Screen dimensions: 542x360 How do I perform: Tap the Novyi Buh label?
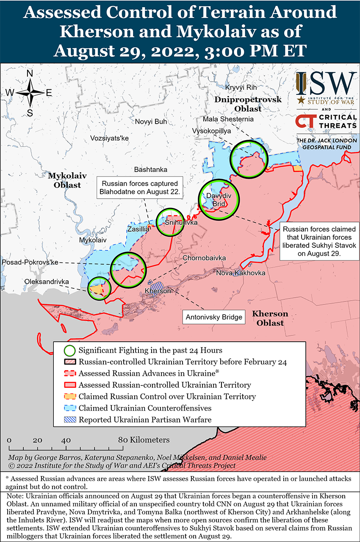click(151, 122)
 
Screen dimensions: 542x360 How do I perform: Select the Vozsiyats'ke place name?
click(109, 138)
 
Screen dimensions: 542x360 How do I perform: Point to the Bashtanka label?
click(150, 169)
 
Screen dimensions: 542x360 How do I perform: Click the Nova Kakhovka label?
click(241, 273)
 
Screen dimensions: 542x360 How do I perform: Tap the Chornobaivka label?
click(204, 258)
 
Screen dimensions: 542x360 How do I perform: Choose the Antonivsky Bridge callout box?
click(214, 317)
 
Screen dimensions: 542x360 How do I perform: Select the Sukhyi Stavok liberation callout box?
click(319, 241)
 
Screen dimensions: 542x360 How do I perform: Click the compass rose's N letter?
click(30, 73)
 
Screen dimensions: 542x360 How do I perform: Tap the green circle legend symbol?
click(70, 351)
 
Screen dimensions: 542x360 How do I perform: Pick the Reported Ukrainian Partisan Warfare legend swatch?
click(70, 420)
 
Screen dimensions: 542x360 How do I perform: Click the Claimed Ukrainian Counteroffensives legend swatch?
click(70, 408)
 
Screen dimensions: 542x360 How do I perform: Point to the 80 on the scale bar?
click(123, 440)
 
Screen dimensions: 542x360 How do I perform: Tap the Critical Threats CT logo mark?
click(305, 122)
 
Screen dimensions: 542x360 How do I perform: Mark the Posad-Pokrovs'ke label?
click(30, 263)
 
